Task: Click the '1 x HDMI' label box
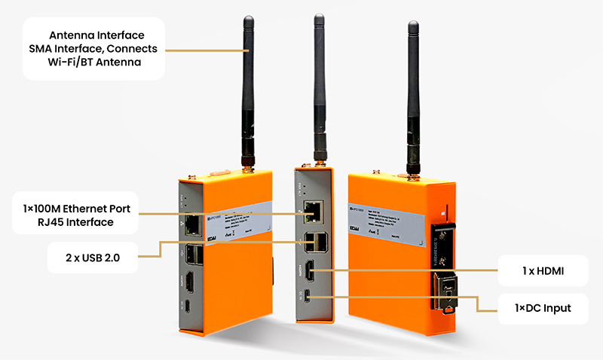[x=543, y=270]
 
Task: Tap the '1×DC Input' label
[x=543, y=308]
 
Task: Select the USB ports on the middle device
[x=312, y=243]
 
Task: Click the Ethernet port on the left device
[x=192, y=224]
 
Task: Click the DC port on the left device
[x=188, y=307]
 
